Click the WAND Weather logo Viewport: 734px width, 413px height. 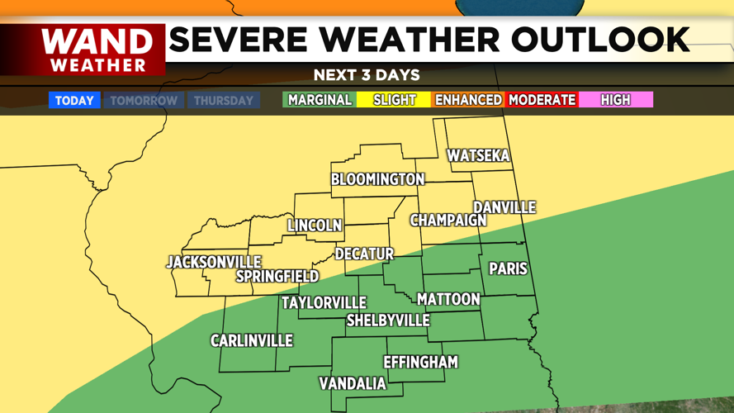pyautogui.click(x=97, y=50)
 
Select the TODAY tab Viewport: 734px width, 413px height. pyautogui.click(x=74, y=101)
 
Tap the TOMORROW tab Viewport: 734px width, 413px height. pyautogui.click(x=144, y=101)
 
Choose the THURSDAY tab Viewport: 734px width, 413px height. pyautogui.click(x=223, y=101)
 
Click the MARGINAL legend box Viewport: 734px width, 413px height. pyautogui.click(x=320, y=100)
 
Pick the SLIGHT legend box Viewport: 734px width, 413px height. pyautogui.click(x=394, y=100)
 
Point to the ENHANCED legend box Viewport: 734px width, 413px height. pyautogui.click(x=468, y=100)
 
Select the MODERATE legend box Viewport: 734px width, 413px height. pyautogui.click(x=542, y=100)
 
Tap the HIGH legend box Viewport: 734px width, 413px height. pyautogui.click(x=615, y=100)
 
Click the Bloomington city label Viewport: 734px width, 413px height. pyautogui.click(x=377, y=179)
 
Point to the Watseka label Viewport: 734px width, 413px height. pyautogui.click(x=478, y=155)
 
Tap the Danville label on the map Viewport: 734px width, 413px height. pyautogui.click(x=504, y=207)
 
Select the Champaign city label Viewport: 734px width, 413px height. pyautogui.click(x=448, y=221)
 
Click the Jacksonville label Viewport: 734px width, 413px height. pyautogui.click(x=213, y=262)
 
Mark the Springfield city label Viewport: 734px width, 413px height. pyautogui.click(x=277, y=276)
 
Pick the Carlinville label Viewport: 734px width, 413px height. pyautogui.click(x=251, y=340)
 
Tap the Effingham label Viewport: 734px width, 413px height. pyautogui.click(x=420, y=362)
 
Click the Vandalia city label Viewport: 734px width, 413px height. pyautogui.click(x=353, y=383)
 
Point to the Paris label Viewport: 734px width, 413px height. pyautogui.click(x=508, y=268)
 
